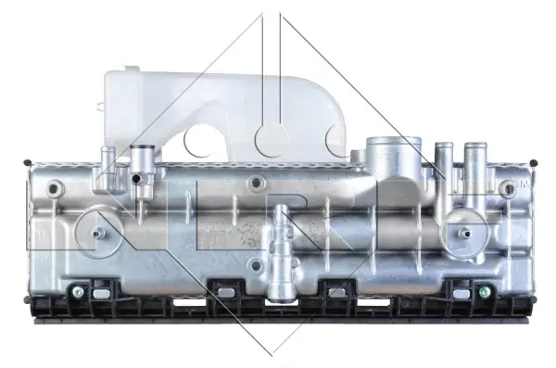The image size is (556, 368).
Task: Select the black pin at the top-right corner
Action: click(536, 163)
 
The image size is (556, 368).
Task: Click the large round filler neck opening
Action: click(386, 149)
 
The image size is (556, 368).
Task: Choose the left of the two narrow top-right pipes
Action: click(444, 150)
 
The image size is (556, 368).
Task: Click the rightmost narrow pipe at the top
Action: click(475, 150)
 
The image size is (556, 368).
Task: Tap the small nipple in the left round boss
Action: click(96, 232)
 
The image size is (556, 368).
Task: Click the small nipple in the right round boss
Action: click(461, 231)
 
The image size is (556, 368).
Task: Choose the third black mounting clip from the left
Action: click(338, 292)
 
